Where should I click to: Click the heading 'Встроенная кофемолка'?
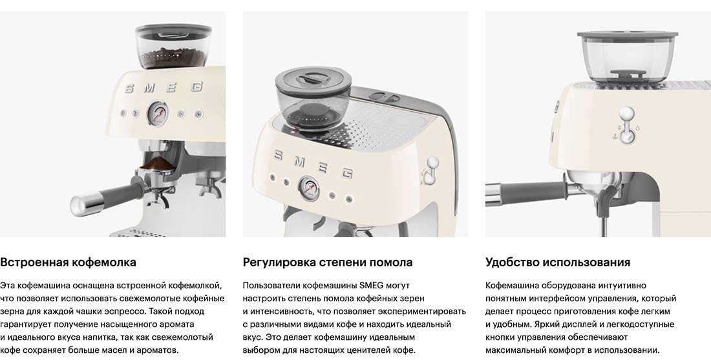click(x=68, y=262)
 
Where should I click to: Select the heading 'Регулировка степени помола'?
click(x=328, y=262)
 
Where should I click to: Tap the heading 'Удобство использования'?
click(x=558, y=262)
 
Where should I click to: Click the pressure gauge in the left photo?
click(x=157, y=113)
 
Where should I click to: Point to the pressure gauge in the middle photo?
click(x=308, y=188)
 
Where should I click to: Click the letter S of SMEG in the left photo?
click(x=129, y=89)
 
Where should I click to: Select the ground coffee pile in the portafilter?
click(x=157, y=163)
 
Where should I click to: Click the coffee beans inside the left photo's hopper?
click(x=174, y=58)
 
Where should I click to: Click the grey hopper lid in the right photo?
click(x=628, y=34)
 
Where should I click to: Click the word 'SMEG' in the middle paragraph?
click(x=372, y=286)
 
